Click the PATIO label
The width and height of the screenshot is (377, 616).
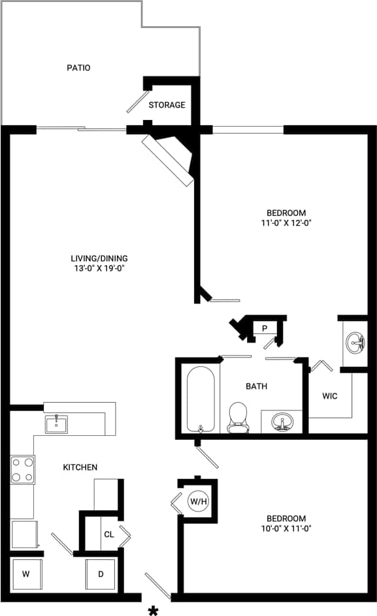78,68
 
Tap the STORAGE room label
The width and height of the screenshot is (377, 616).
167,105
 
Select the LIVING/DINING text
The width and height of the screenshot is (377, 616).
101,258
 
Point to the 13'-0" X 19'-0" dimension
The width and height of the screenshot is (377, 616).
101,268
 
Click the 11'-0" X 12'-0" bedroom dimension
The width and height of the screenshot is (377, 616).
286,223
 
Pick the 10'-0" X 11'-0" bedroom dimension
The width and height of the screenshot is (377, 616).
286,529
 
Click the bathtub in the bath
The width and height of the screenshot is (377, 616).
201,399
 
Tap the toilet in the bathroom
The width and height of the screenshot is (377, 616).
237,417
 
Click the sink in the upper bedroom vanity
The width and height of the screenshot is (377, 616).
356,342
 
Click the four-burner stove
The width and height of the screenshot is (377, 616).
22,470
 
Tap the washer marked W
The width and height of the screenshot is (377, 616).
26,574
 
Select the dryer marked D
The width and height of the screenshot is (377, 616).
101,574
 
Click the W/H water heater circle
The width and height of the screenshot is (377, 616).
198,501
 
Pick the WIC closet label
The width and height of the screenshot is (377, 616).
330,396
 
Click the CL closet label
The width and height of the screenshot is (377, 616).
108,534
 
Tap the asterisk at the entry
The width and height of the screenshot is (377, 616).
154,611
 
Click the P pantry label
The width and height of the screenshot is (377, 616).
265,328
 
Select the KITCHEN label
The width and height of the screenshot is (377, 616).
80,467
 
